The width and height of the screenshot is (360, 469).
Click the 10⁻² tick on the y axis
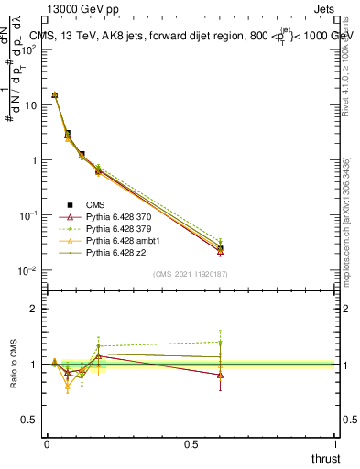(29, 270)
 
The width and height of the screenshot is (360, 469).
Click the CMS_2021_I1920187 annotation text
(191, 274)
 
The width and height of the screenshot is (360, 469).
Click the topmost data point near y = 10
(55, 94)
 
